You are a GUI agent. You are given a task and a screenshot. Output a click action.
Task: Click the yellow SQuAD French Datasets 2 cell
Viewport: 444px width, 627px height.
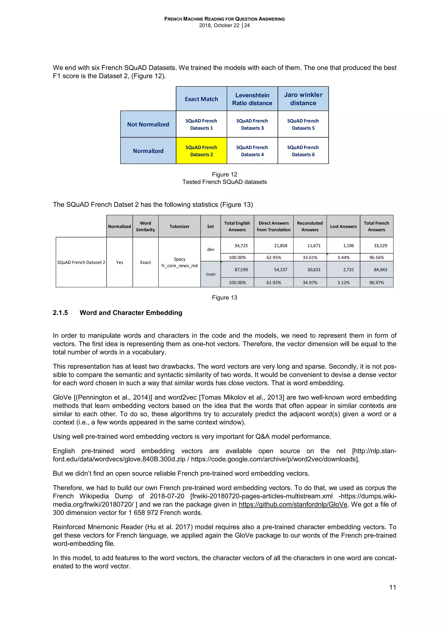(x=201, y=151)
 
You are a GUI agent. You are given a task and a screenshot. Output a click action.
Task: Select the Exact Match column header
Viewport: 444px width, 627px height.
(x=201, y=99)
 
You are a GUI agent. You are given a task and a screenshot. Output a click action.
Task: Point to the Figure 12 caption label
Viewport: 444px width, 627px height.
(x=224, y=174)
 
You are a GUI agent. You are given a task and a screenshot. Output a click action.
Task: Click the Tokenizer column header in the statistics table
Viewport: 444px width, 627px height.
(x=179, y=226)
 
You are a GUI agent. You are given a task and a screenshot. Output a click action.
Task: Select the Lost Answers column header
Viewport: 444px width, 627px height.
(x=343, y=226)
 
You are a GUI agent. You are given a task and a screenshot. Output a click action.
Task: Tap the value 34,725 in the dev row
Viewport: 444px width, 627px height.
(x=241, y=246)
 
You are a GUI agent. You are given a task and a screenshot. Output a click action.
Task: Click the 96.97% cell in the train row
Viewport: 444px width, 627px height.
(x=377, y=283)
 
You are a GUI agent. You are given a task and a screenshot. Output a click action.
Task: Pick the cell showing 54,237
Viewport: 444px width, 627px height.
(x=281, y=270)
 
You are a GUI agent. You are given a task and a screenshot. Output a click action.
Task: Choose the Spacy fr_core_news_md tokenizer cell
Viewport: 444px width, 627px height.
(x=179, y=262)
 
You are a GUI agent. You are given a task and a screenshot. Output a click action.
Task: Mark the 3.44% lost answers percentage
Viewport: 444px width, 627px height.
(x=343, y=257)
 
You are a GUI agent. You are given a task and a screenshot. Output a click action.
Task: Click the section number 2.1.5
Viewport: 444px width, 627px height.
(x=60, y=313)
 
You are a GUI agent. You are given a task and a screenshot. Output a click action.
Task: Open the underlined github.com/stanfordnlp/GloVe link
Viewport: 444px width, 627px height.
(x=293, y=504)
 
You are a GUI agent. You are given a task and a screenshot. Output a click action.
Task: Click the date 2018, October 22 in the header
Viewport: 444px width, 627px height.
(x=219, y=25)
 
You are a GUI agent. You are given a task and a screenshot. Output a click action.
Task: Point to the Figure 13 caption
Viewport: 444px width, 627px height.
(x=224, y=298)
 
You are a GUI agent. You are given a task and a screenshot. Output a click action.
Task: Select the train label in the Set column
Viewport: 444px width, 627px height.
(x=211, y=274)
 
